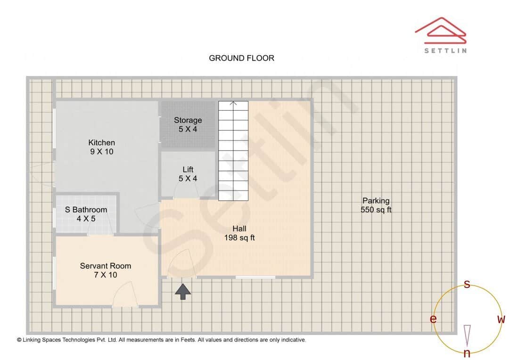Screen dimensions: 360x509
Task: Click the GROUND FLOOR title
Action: [x=241, y=58]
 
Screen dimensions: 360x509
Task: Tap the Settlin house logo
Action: [x=441, y=32]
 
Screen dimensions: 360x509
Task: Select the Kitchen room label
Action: [x=101, y=142]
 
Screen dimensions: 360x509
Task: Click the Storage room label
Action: [x=188, y=120]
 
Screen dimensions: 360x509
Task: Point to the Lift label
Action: [x=188, y=170]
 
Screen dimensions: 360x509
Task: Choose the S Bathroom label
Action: [x=86, y=210]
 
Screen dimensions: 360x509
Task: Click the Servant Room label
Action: [x=105, y=266]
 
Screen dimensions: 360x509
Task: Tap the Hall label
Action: [x=239, y=229]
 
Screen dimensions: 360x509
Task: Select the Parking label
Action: [x=376, y=201]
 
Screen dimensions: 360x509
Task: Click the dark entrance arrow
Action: [x=183, y=291]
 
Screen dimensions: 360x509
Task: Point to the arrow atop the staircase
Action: [x=233, y=103]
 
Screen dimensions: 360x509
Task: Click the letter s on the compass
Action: [x=467, y=284]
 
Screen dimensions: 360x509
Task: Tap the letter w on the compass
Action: [x=501, y=319]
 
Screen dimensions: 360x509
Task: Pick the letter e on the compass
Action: [x=433, y=319]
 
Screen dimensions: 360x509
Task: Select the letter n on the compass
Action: [x=467, y=353]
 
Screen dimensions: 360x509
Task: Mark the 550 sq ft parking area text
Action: [x=376, y=210]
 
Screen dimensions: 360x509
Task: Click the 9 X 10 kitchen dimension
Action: [x=101, y=152]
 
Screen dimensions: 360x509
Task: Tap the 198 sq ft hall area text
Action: [x=239, y=238]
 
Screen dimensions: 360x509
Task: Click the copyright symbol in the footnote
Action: [x=19, y=340]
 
